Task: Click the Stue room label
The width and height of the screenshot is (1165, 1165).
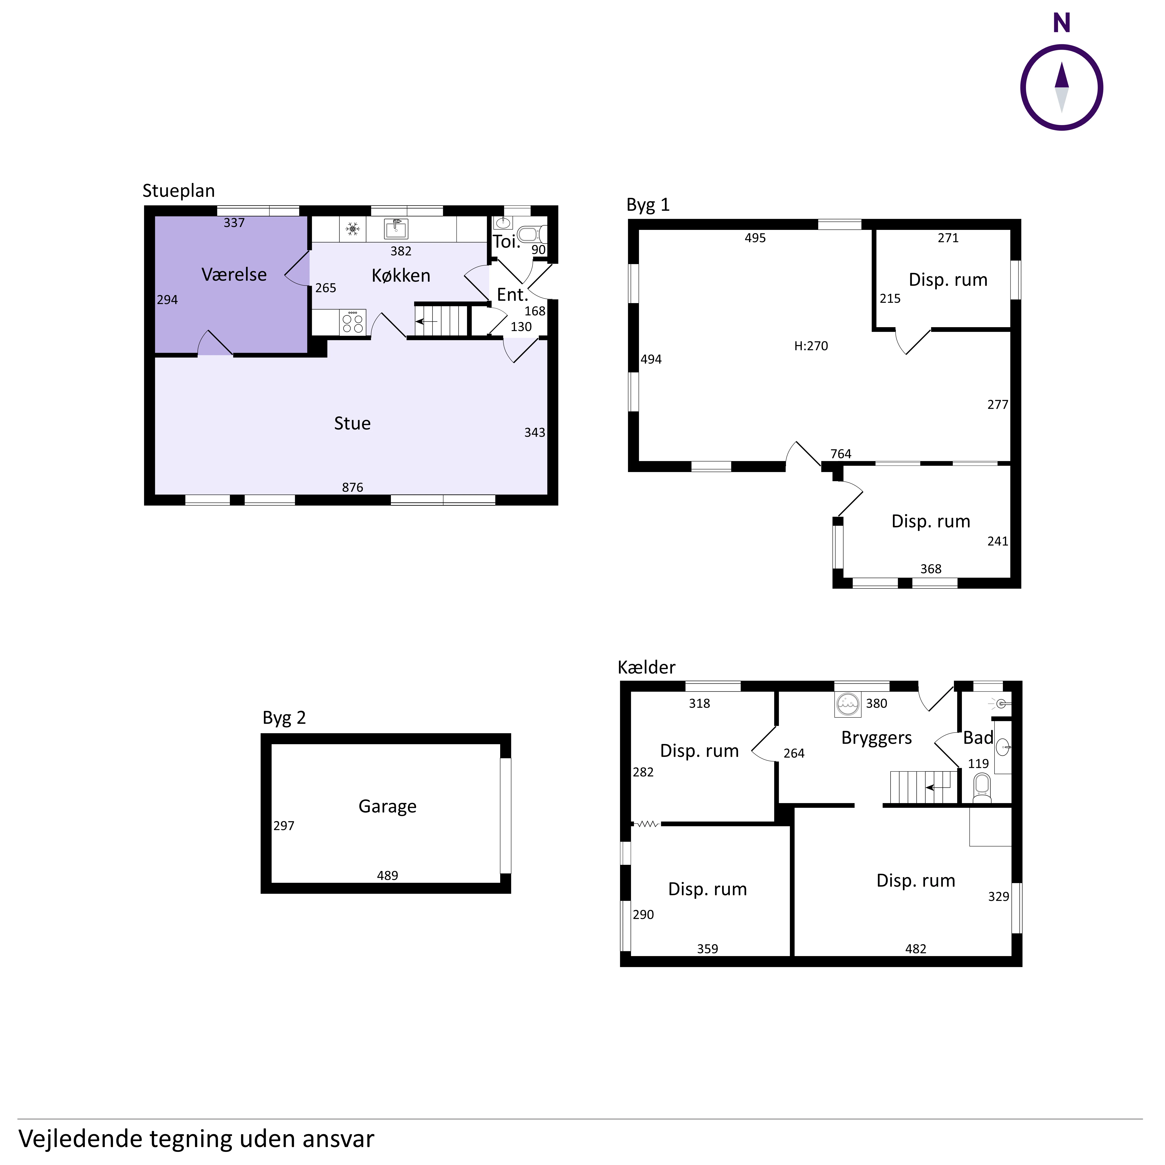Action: click(x=352, y=423)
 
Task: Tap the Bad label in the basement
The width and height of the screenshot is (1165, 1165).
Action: click(x=977, y=737)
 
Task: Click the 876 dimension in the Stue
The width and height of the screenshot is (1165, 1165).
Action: click(x=353, y=487)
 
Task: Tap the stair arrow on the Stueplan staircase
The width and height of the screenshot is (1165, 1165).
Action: click(x=427, y=321)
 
